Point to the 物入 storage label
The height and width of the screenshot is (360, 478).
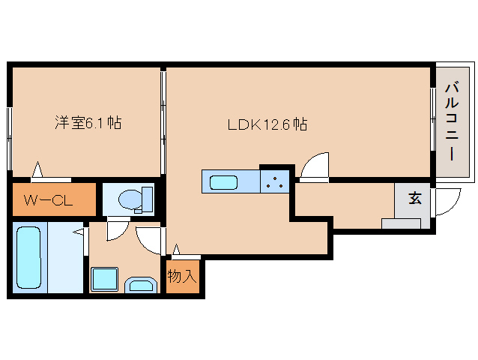[181, 275]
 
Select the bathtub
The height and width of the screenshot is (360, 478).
[28, 257]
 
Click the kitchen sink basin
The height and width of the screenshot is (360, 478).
[223, 182]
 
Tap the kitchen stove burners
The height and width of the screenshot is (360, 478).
[275, 181]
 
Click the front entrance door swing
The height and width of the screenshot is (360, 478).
[448, 200]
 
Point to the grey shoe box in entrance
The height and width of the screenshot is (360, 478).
[401, 223]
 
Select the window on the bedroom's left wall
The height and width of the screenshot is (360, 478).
[10, 139]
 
